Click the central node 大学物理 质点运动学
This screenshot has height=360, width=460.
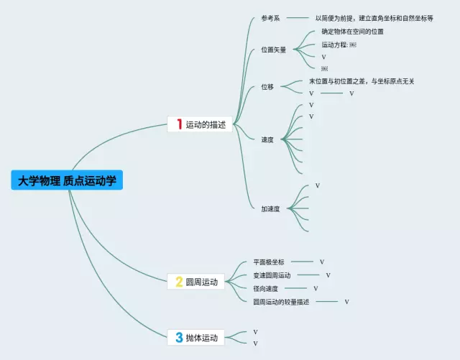click(x=67, y=180)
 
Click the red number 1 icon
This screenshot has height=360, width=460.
click(x=178, y=124)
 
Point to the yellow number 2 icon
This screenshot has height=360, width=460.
click(x=178, y=282)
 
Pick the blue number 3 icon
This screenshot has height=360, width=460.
click(x=178, y=337)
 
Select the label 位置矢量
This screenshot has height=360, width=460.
click(x=273, y=50)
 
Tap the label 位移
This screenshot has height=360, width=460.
click(x=267, y=87)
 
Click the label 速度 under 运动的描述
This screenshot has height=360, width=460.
click(x=267, y=139)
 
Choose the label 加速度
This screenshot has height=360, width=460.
click(x=270, y=209)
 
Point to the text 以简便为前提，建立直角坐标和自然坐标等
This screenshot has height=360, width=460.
click(x=374, y=18)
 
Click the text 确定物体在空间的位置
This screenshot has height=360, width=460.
click(x=352, y=32)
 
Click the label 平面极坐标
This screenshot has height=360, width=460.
click(x=269, y=262)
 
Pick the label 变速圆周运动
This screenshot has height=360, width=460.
click(x=272, y=275)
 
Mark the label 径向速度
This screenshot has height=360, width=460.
click(x=266, y=288)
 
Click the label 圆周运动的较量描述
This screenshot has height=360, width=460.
click(x=281, y=302)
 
